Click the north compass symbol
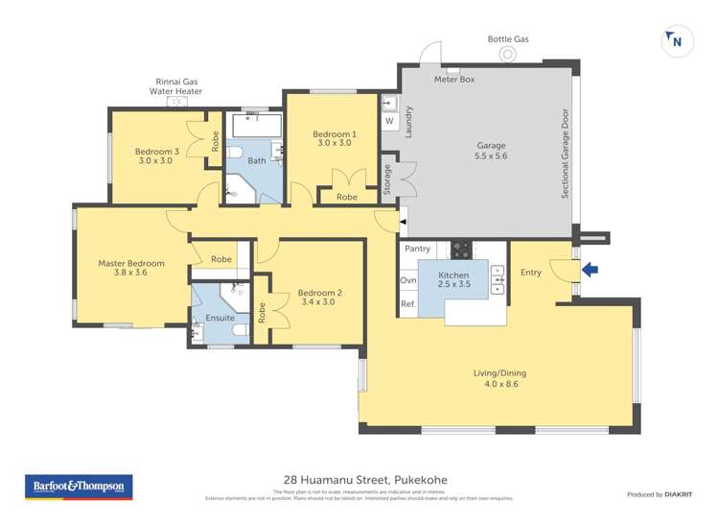676,40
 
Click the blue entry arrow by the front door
590,271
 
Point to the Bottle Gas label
508,39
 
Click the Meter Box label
454,80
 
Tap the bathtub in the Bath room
256,126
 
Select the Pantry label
417,249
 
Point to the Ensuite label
220,318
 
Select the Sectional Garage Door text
566,153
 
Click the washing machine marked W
389,122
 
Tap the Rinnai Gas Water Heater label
175,86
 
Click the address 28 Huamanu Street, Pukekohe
365,480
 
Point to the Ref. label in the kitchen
408,304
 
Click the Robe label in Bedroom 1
346,197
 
